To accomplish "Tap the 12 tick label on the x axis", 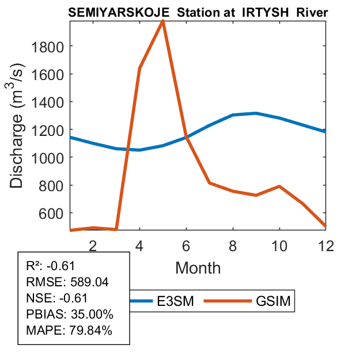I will click(x=325, y=245).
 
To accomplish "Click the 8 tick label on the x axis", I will click(x=232, y=245).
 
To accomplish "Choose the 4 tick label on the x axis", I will click(x=139, y=245).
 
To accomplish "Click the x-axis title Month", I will click(x=198, y=267).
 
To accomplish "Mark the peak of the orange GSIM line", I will click(x=163, y=21).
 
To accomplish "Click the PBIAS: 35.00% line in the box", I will click(x=70, y=314).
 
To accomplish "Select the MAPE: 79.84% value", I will click(x=69, y=331).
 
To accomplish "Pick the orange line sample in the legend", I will click(x=233, y=301).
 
